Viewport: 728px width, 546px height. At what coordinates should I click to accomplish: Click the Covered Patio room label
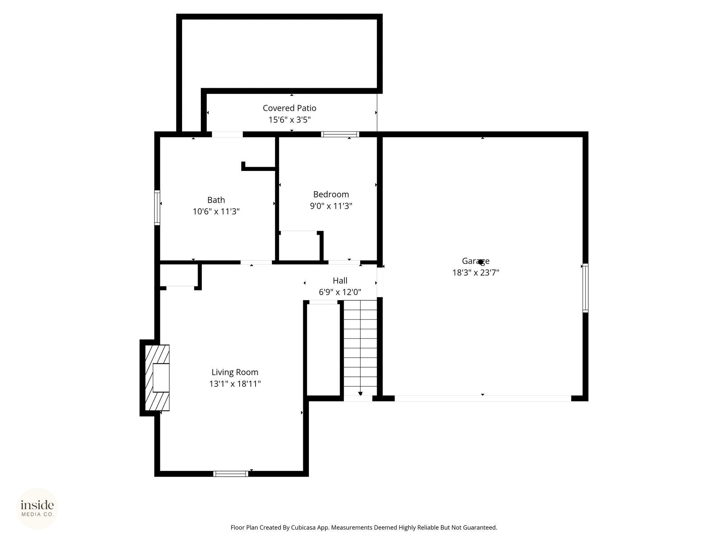tap(289, 108)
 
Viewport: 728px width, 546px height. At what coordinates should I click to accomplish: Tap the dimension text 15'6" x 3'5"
tap(289, 120)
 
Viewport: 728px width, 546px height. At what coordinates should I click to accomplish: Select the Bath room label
tap(216, 200)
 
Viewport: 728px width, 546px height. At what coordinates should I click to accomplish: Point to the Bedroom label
tap(331, 194)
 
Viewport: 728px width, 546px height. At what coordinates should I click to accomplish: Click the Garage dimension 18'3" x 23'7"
tap(476, 273)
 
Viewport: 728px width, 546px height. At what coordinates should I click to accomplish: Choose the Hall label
tap(340, 280)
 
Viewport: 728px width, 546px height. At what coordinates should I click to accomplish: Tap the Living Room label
tap(235, 372)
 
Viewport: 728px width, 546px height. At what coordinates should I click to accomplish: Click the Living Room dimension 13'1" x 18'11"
tap(235, 384)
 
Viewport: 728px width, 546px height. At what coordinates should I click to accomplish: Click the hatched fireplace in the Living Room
tap(157, 378)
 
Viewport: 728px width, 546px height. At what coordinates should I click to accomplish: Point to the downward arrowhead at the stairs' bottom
tap(360, 394)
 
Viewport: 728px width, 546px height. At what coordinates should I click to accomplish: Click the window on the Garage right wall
tap(585, 288)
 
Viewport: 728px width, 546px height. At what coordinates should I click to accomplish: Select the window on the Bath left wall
tap(157, 208)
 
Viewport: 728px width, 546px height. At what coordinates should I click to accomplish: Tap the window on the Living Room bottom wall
tap(231, 473)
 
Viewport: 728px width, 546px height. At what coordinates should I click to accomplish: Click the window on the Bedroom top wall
tap(340, 134)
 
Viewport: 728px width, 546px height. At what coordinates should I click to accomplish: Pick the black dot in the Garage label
tap(481, 262)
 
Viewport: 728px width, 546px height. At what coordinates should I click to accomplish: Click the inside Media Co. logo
tap(37, 509)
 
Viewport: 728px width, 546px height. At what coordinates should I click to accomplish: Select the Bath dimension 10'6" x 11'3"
tap(216, 212)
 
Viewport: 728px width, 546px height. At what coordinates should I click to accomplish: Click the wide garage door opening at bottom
tap(483, 398)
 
